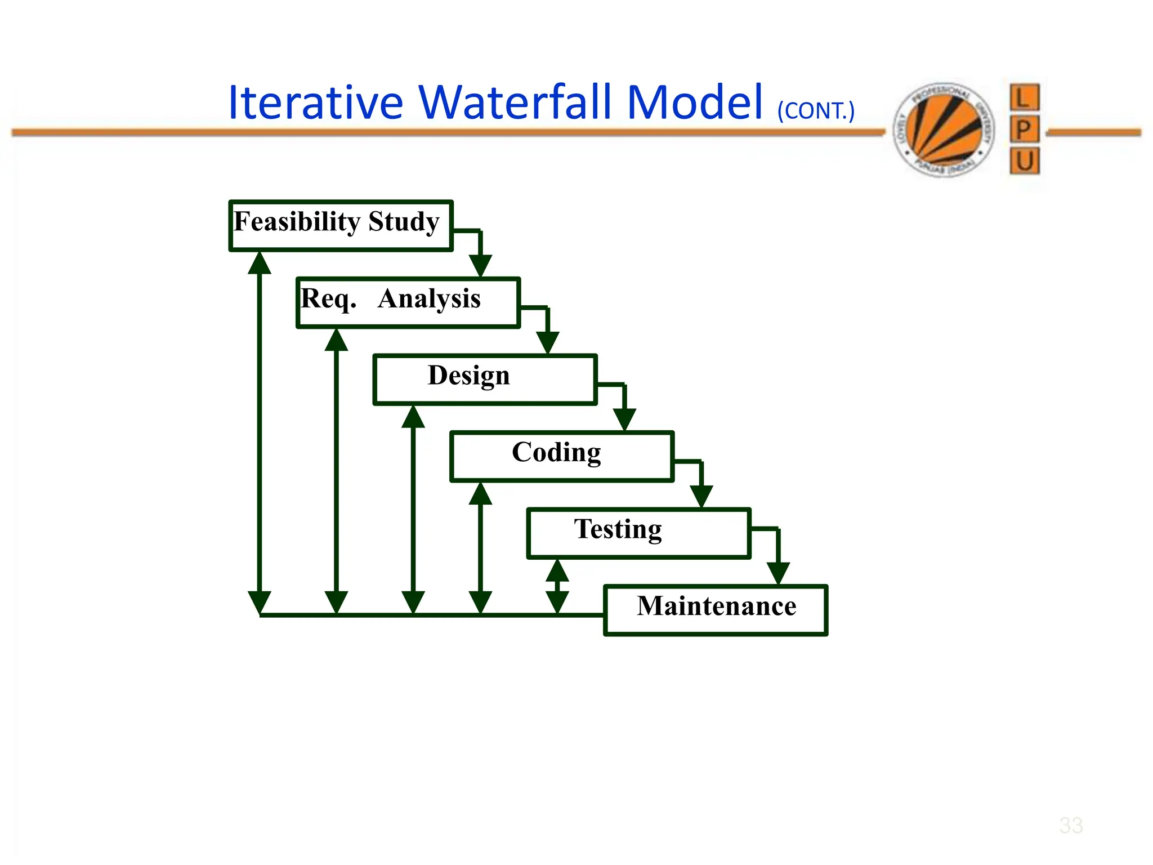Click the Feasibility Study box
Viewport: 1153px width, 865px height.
(341, 225)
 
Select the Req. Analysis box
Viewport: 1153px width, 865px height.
(408, 302)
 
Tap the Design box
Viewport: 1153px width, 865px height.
(485, 379)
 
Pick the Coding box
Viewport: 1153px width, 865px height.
(562, 456)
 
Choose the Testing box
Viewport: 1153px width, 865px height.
(638, 533)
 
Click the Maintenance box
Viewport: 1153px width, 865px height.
(716, 610)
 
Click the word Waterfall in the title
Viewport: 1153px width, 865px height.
(515, 102)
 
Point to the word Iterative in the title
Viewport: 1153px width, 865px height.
(315, 102)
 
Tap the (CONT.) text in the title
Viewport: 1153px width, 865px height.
(816, 110)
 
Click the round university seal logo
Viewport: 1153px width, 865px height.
(944, 130)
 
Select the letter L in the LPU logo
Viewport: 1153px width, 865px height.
(1024, 98)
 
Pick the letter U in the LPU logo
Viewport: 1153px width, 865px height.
(1024, 162)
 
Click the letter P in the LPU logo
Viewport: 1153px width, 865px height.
(1024, 130)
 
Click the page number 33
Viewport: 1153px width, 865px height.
(1070, 826)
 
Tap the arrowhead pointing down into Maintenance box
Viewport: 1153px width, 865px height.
(778, 573)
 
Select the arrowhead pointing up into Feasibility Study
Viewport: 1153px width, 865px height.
(260, 263)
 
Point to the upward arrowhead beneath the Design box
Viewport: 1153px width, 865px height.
(413, 417)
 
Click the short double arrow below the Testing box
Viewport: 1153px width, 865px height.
(557, 586)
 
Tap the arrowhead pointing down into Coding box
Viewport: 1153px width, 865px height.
(624, 419)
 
